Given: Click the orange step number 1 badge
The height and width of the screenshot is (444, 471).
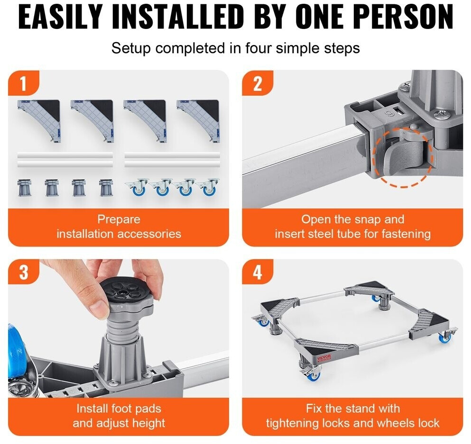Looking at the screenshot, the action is tap(23, 83).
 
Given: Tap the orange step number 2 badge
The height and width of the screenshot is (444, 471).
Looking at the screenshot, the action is tap(258, 83).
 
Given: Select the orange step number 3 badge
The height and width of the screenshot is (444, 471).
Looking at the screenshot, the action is tap(23, 272).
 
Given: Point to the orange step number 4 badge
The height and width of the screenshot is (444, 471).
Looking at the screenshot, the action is tap(258, 272).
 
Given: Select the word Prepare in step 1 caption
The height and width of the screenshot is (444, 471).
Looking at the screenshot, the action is tap(119, 219).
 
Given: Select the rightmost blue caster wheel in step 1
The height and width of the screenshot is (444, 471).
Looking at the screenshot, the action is tap(208, 188).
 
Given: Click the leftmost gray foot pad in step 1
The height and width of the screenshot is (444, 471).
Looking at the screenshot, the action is tap(24, 188).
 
